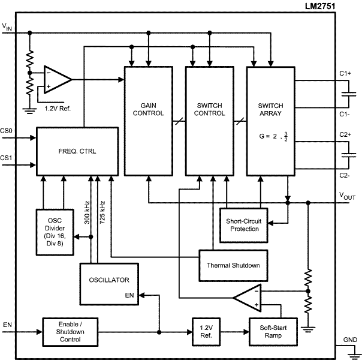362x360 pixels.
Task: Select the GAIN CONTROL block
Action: [x=148, y=121]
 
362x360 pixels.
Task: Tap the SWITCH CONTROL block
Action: [x=209, y=121]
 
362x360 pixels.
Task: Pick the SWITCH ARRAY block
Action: [x=270, y=121]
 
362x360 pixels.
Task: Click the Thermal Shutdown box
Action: [x=233, y=265]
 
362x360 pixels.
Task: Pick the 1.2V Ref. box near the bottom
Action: [x=206, y=331]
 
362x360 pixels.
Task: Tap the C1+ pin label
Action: [x=345, y=73]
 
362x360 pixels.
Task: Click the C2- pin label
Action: [x=345, y=176]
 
